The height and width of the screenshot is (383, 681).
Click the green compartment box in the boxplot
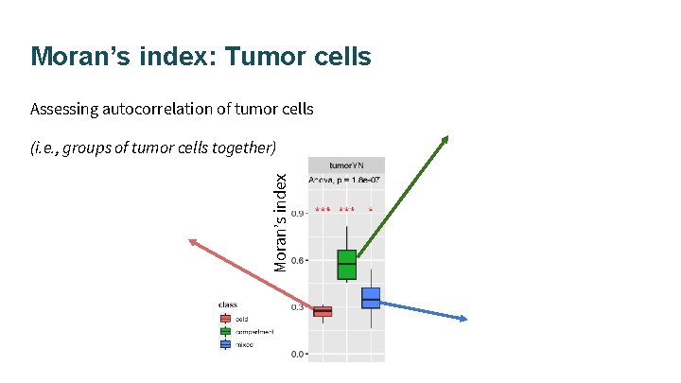pyautogui.click(x=346, y=264)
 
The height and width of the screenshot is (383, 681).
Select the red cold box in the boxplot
pyautogui.click(x=323, y=311)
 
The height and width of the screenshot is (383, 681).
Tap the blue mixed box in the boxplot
pyautogui.click(x=371, y=298)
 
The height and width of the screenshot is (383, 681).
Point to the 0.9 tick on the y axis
pyautogui.click(x=297, y=213)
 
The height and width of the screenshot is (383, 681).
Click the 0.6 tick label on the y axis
pyautogui.click(x=297, y=260)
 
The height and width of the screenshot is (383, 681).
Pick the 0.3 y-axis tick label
pyautogui.click(x=297, y=307)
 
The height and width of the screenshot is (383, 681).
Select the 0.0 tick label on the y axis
pyautogui.click(x=297, y=355)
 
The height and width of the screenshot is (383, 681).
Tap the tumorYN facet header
pyautogui.click(x=346, y=164)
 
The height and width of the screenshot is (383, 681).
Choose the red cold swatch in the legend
pyautogui.click(x=225, y=319)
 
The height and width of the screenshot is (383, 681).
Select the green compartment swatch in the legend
pyautogui.click(x=225, y=332)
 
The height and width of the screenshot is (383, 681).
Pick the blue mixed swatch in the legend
pyautogui.click(x=225, y=344)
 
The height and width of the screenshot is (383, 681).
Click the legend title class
pyautogui.click(x=228, y=305)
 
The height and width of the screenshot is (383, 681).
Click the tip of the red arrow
pyautogui.click(x=192, y=242)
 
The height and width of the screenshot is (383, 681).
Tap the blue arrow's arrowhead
pyautogui.click(x=463, y=320)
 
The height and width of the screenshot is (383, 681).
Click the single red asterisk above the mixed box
pyautogui.click(x=371, y=209)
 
